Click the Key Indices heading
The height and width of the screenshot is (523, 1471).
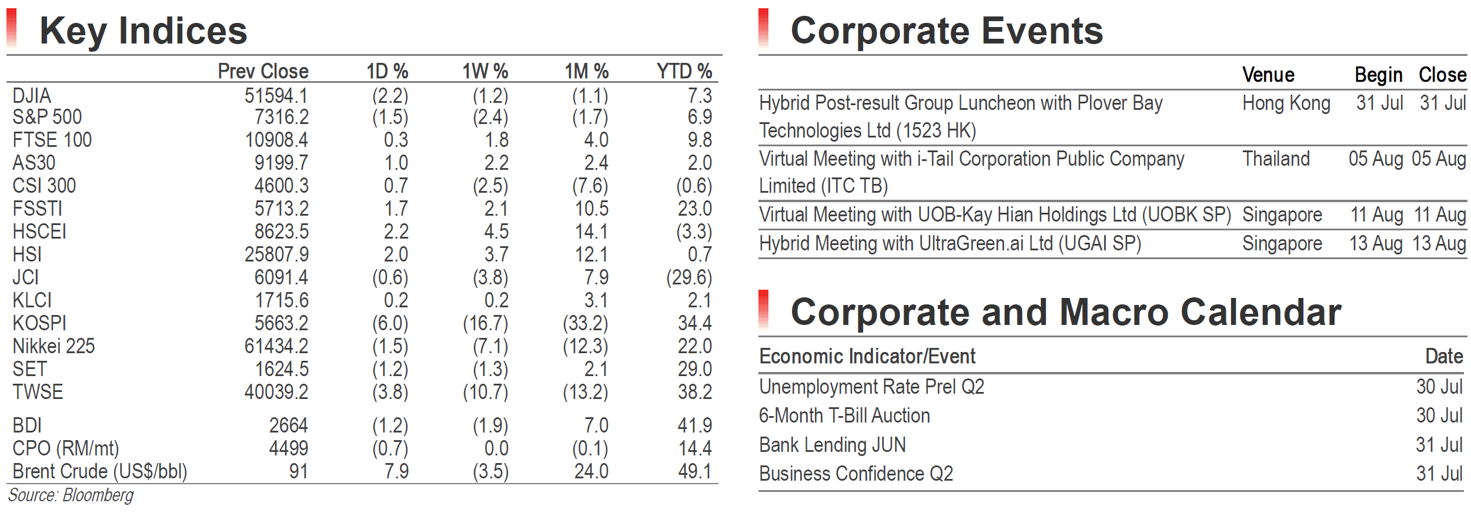click(143, 31)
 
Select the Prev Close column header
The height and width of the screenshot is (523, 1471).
click(263, 71)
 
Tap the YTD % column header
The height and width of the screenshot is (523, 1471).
click(684, 71)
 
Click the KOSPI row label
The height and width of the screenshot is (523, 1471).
click(39, 323)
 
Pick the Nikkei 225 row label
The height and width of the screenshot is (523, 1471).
click(54, 346)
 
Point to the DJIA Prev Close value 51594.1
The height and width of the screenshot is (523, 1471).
click(276, 96)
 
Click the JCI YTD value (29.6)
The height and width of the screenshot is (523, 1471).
click(689, 277)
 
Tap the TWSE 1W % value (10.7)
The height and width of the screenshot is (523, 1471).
click(486, 392)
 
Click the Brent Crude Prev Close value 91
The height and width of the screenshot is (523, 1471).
click(299, 471)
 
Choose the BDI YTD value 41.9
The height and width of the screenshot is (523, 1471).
click(695, 425)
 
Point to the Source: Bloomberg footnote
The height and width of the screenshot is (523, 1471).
click(71, 495)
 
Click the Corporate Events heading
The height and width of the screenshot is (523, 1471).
click(947, 31)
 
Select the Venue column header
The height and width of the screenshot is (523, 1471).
click(1268, 75)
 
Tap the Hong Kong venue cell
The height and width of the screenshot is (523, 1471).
click(1286, 103)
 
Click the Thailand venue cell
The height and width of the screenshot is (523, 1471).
click(1276, 159)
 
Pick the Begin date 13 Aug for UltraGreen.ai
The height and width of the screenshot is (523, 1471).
click(1376, 243)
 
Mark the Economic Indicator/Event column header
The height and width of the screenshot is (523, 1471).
click(867, 356)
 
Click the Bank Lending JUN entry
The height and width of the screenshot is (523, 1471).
click(833, 445)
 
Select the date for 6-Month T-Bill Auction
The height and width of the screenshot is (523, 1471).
click(1439, 415)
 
